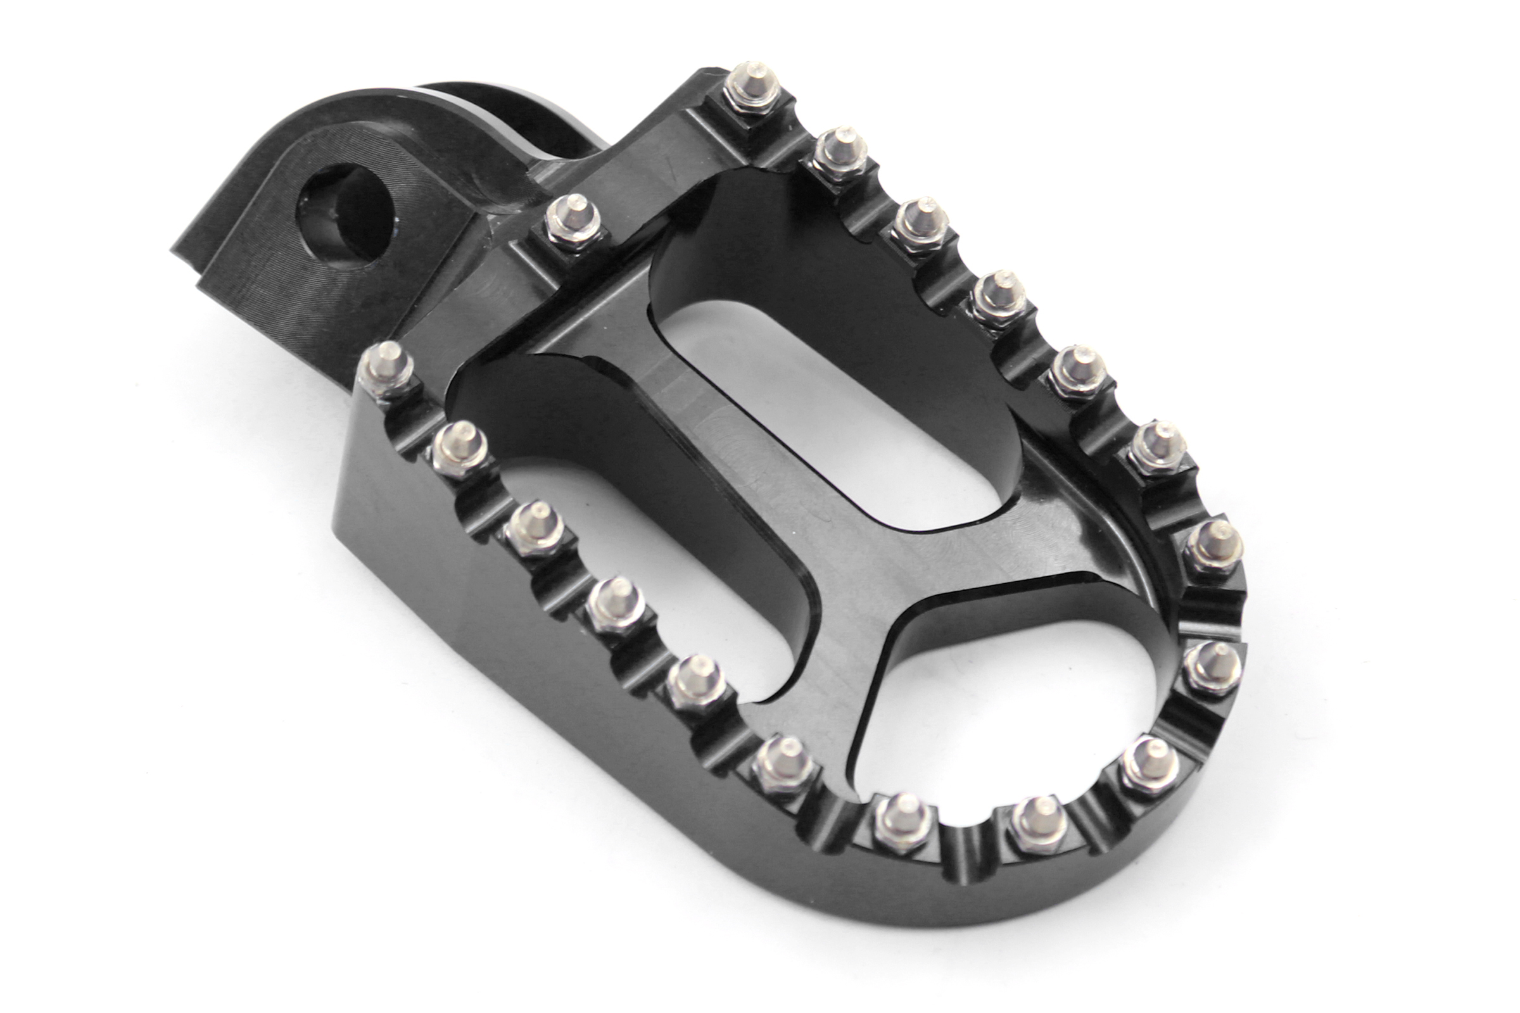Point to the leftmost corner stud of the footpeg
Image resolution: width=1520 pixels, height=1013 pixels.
[x=387, y=369]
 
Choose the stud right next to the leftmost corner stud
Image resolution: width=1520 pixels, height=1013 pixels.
[x=460, y=448]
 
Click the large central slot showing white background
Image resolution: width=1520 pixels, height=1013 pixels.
[x=833, y=413]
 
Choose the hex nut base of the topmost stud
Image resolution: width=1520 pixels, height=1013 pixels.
[x=751, y=103]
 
